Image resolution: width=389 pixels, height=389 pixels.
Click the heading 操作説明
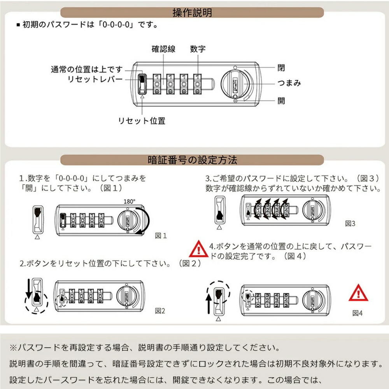pyautogui.click(x=192, y=12)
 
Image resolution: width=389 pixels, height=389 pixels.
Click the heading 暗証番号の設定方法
pyautogui.click(x=192, y=160)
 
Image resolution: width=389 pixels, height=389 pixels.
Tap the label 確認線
pyautogui.click(x=163, y=49)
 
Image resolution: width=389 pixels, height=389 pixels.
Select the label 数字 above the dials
pyautogui.click(x=198, y=49)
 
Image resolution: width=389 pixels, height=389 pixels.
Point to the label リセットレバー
pyautogui.click(x=95, y=79)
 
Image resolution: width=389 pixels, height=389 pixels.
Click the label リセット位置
pyautogui.click(x=142, y=121)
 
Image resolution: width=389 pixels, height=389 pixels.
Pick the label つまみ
pyautogui.click(x=289, y=83)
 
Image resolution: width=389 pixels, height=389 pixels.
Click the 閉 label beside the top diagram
pyautogui.click(x=281, y=68)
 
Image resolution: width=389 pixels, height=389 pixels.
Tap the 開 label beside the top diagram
pyautogui.click(x=281, y=101)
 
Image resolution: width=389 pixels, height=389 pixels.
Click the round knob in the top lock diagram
pyautogui.click(x=235, y=84)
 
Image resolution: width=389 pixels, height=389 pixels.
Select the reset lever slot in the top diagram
pyautogui.click(x=142, y=84)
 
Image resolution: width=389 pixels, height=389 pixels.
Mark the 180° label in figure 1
pyautogui.click(x=130, y=202)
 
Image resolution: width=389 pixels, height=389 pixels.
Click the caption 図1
pyautogui.click(x=161, y=236)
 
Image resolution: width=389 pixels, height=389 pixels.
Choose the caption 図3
pyautogui.click(x=350, y=224)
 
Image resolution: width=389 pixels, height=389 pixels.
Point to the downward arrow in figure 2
pyautogui.click(x=29, y=289)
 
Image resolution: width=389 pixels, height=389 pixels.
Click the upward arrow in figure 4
pyautogui.click(x=209, y=304)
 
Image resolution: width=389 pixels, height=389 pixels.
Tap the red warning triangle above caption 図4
pyautogui.click(x=358, y=293)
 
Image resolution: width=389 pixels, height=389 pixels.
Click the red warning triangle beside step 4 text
pyautogui.click(x=198, y=249)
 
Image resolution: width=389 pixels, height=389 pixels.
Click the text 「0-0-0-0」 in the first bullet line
pyautogui.click(x=116, y=25)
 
